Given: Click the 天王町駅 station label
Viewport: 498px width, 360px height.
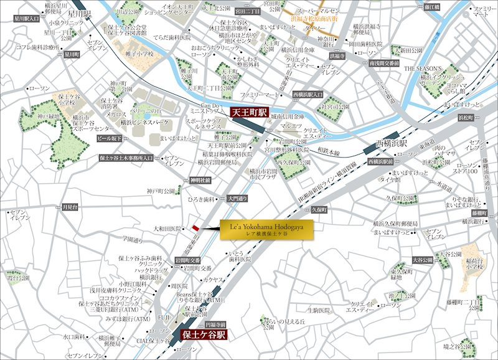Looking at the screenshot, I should click(248, 113).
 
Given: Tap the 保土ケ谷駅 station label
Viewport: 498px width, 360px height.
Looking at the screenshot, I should click(204, 334).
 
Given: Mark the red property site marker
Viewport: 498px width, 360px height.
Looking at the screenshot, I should click(196, 228).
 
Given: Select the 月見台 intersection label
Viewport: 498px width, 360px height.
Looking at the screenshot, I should click(70, 206).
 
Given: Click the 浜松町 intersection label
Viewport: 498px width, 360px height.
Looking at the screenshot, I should click(467, 117).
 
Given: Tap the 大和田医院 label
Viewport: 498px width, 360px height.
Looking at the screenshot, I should click(167, 229).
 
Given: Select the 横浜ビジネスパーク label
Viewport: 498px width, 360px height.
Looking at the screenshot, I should click(144, 123).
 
